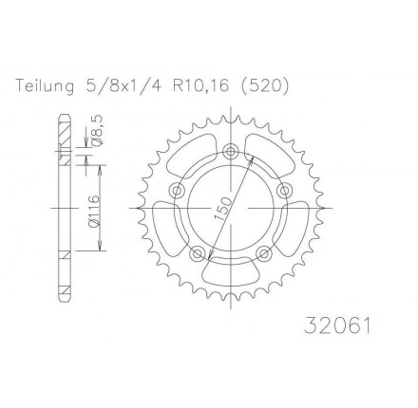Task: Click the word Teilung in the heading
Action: point(45,86)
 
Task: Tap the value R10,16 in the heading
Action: point(200,85)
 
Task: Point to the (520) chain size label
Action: point(265,85)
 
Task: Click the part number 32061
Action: point(337,325)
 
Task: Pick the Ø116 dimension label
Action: point(95,211)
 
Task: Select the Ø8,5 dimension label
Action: point(96,130)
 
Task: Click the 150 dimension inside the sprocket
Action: point(223,208)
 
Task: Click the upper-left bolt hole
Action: point(178,191)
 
